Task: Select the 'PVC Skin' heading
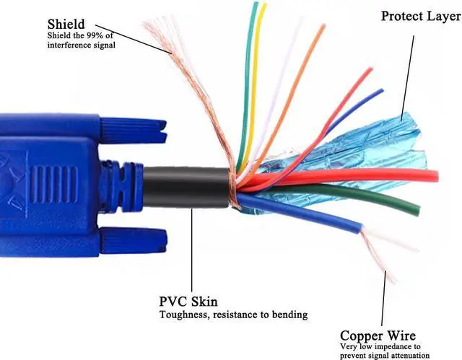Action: click(189, 302)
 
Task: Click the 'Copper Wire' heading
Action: click(378, 336)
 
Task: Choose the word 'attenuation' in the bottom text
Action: click(418, 356)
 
